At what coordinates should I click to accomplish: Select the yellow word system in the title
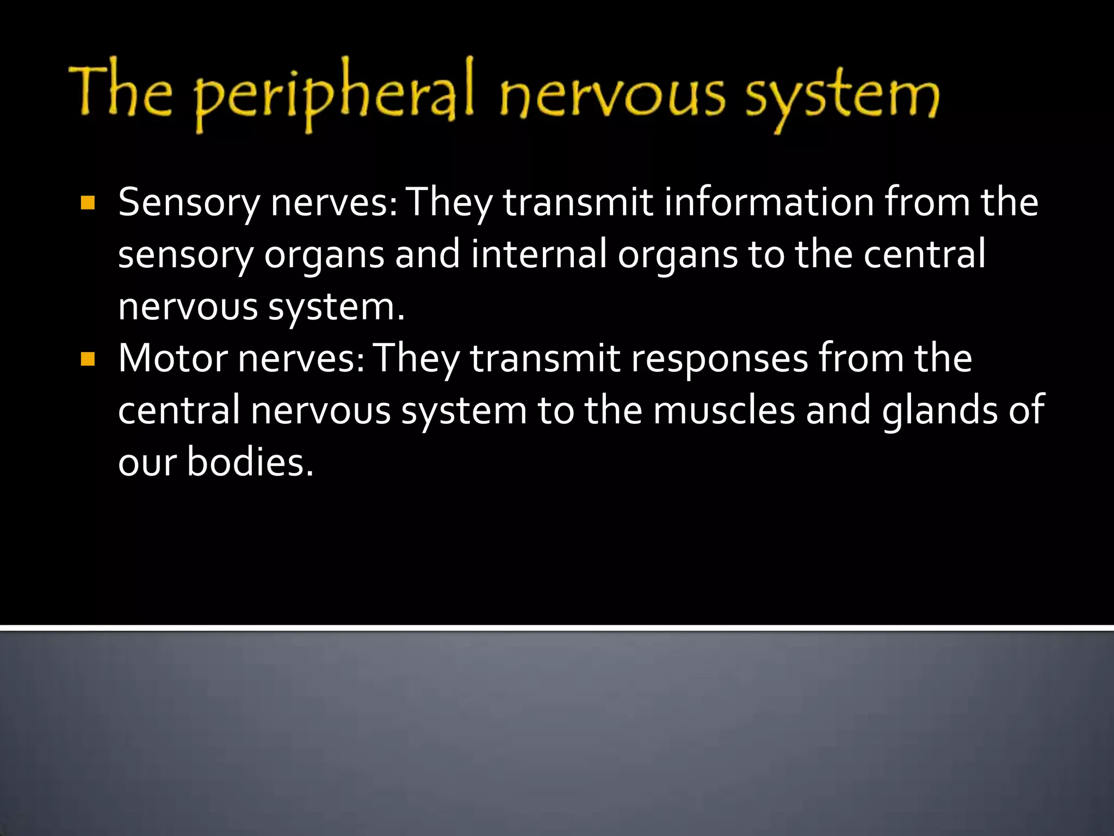coord(841,98)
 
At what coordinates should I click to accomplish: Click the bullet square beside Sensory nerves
coord(87,204)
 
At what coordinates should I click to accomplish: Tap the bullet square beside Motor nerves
coord(87,360)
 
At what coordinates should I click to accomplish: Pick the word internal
coord(539,254)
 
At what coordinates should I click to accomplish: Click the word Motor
coord(173,359)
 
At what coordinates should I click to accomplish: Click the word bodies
coord(250,462)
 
